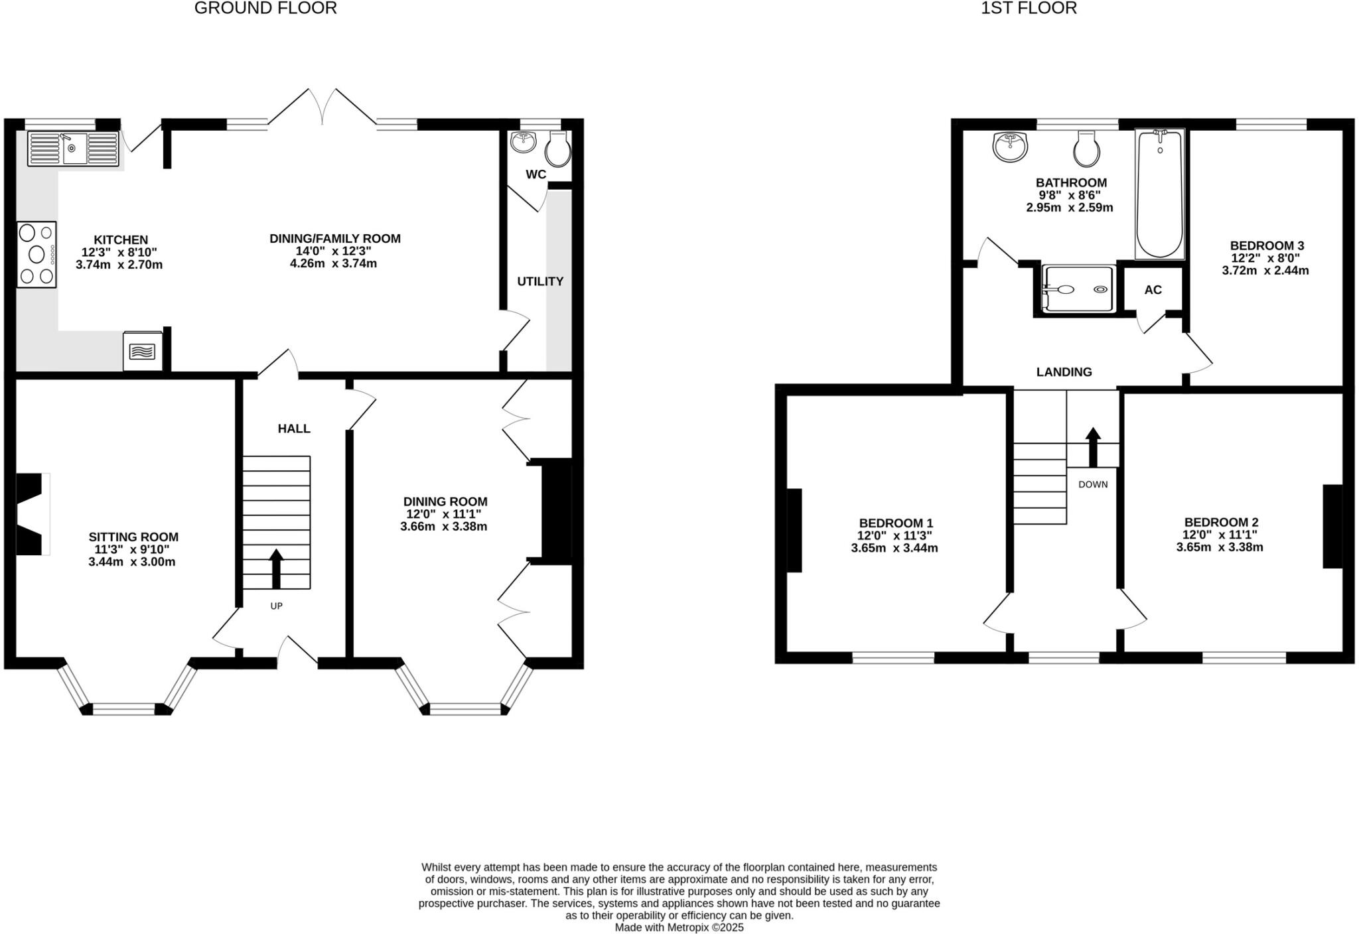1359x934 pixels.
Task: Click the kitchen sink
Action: (x=73, y=149)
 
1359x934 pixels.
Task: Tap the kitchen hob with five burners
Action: (x=36, y=255)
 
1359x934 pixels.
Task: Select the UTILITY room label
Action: (x=540, y=281)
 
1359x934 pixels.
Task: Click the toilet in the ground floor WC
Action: (x=557, y=149)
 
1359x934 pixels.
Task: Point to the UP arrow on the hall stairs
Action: (x=276, y=569)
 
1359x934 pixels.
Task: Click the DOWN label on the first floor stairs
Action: (x=1093, y=484)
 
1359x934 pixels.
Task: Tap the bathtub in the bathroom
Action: (x=1159, y=194)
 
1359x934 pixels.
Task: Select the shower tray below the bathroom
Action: (x=1078, y=289)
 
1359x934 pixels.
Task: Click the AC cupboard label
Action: (x=1153, y=290)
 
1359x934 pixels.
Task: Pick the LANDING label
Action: (x=1064, y=372)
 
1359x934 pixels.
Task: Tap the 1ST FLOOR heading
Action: (x=1029, y=8)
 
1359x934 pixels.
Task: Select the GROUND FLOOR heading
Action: (x=265, y=8)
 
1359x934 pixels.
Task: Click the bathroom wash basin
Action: (x=1009, y=147)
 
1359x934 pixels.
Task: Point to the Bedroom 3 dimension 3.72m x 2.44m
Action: (x=1265, y=271)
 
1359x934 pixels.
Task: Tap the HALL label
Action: (x=294, y=429)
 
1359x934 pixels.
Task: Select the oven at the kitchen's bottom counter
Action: (x=143, y=350)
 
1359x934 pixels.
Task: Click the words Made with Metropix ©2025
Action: (x=679, y=927)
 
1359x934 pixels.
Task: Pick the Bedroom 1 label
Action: (x=896, y=523)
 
